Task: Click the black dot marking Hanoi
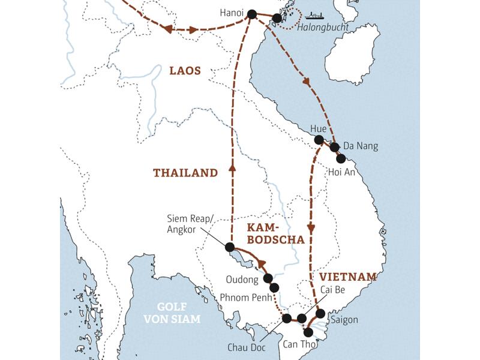(251, 15)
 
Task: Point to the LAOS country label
(185, 71)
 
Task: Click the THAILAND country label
(185, 173)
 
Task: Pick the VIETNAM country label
(348, 277)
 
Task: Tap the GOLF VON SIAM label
(172, 313)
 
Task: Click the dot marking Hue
(319, 140)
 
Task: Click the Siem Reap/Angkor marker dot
(229, 247)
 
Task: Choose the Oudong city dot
(268, 278)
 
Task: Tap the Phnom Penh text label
(243, 297)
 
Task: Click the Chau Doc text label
(245, 347)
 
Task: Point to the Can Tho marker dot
(308, 332)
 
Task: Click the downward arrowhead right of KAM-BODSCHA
(311, 228)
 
